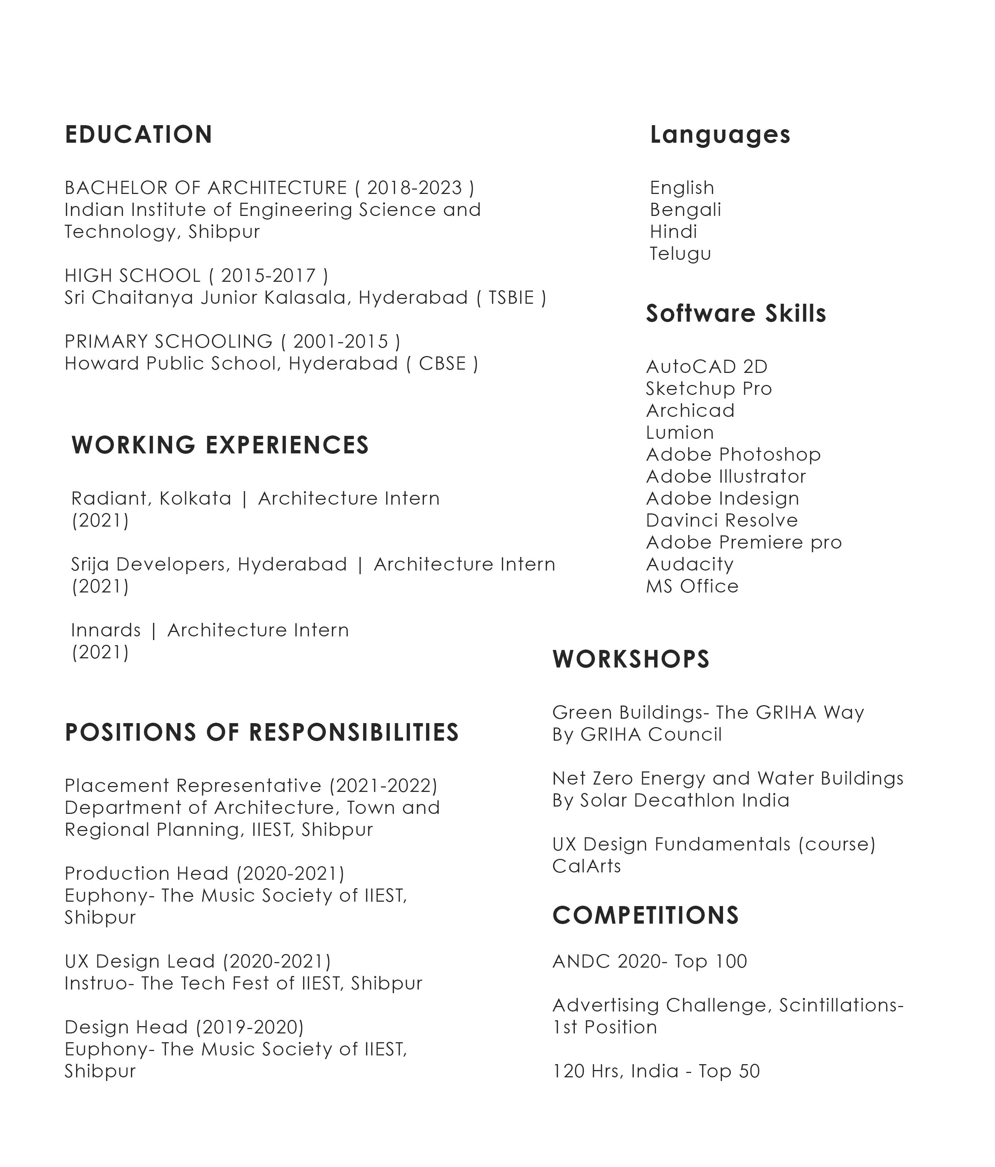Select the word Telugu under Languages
coord(680,254)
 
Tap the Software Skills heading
coord(735,313)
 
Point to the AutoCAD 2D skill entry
coord(707,367)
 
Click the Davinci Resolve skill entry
coord(722,520)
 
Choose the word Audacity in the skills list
coord(690,564)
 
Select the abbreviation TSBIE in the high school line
coord(510,298)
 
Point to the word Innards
coord(106,630)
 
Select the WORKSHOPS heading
coord(630,659)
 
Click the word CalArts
coord(586,866)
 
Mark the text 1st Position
coord(604,1027)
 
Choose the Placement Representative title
coord(194,785)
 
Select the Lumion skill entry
coord(679,433)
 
